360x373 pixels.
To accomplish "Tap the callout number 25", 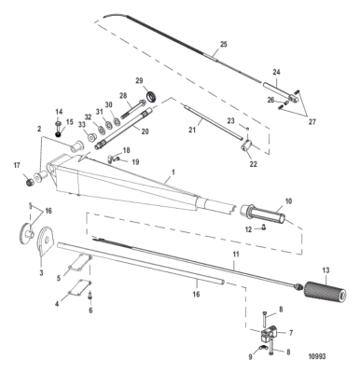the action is click(x=224, y=44).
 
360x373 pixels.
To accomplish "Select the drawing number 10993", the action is click(x=317, y=356).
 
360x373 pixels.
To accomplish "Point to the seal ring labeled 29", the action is click(x=152, y=96).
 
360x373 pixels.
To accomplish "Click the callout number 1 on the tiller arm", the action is click(x=173, y=172).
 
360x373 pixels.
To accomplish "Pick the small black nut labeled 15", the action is click(x=58, y=134).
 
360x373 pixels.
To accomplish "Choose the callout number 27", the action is click(x=312, y=122).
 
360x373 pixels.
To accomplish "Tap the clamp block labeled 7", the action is click(x=269, y=335).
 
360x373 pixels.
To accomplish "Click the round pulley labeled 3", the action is click(x=46, y=241).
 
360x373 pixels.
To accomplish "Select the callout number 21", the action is click(x=192, y=129).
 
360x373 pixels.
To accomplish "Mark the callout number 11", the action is click(x=236, y=255).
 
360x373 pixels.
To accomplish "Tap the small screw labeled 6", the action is click(x=90, y=295).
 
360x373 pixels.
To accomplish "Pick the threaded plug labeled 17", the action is click(x=29, y=181).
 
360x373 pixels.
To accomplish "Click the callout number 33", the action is click(x=81, y=125).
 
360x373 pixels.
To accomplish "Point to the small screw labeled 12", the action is click(x=264, y=228).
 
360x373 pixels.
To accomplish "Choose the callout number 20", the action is click(x=145, y=131).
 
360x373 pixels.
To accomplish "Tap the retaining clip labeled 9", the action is click(x=262, y=348).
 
